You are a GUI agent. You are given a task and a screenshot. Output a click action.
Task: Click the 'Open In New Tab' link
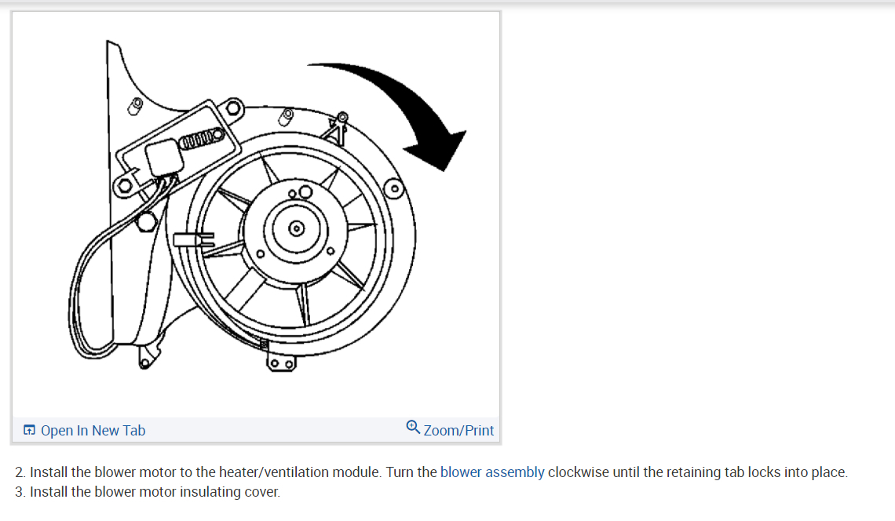tap(93, 430)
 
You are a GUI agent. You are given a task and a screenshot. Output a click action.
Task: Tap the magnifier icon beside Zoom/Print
tap(414, 428)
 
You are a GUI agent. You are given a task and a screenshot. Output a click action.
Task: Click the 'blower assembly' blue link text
tap(492, 472)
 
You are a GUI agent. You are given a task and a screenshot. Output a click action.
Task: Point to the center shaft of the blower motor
tap(296, 228)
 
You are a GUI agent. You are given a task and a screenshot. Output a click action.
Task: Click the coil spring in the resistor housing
tap(200, 140)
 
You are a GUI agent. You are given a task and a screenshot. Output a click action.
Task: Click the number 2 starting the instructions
tap(20, 472)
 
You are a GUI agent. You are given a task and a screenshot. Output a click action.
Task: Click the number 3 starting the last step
tap(20, 493)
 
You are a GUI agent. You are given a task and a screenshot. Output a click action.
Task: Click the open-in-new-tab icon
tap(30, 430)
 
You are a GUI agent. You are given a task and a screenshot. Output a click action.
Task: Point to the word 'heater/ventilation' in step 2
tap(314, 472)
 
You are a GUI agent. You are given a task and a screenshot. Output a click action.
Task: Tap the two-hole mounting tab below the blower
tap(281, 363)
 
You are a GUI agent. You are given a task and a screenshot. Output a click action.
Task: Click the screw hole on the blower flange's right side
tap(395, 188)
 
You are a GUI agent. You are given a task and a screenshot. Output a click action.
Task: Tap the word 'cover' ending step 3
tap(262, 493)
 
